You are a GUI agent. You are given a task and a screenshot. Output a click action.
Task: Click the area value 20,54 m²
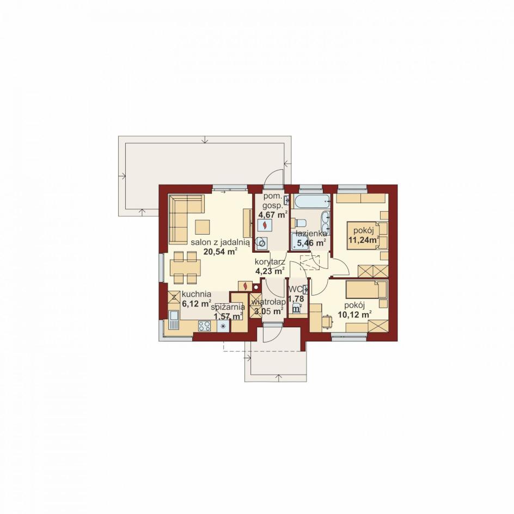[x=221, y=252]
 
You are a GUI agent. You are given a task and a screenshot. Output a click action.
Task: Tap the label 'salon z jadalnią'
[x=221, y=242]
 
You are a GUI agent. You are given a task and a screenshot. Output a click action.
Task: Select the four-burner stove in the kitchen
[x=204, y=326]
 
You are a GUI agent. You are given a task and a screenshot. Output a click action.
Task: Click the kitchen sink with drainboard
[x=174, y=320]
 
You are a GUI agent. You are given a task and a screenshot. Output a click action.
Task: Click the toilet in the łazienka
[x=300, y=223]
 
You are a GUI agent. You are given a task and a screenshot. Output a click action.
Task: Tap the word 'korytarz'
[x=270, y=262]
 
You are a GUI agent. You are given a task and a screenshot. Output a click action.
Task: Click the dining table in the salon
[x=185, y=267]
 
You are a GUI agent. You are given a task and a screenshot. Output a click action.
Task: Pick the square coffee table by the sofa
[x=202, y=227]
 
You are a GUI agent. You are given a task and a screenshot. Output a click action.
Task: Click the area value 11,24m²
[x=364, y=240]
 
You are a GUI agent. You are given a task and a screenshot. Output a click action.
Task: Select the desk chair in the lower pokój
[x=327, y=321]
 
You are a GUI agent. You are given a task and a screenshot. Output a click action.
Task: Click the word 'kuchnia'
[x=197, y=295]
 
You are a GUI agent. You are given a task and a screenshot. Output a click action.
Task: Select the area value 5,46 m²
[x=311, y=243]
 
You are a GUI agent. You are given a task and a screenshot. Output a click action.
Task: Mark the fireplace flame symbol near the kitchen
[x=245, y=286]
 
